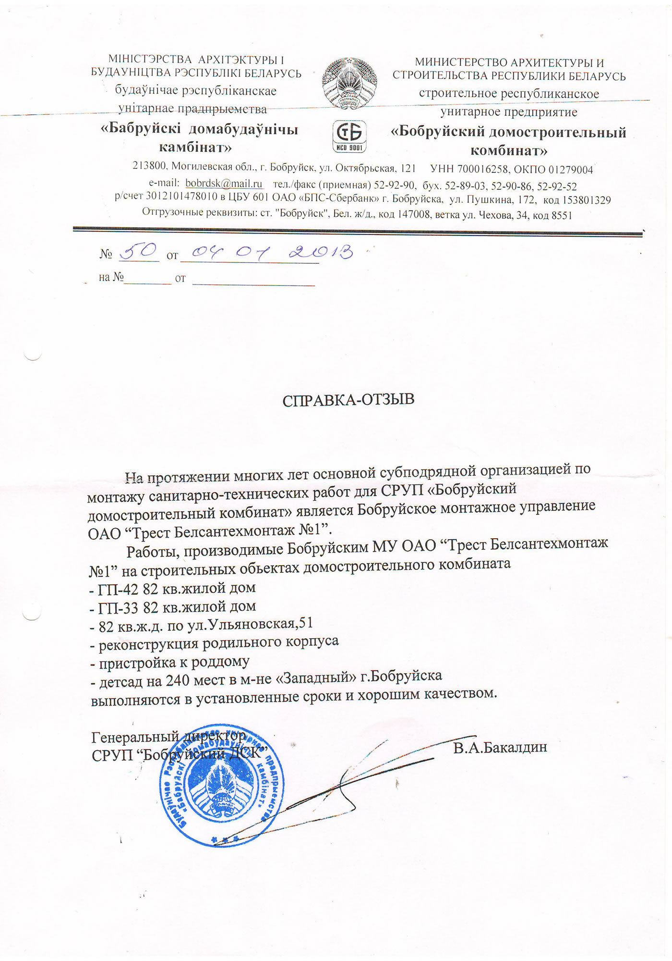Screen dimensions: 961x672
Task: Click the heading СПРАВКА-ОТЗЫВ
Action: point(348,400)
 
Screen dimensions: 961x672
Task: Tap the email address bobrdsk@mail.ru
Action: point(224,184)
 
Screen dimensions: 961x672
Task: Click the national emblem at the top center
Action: point(349,83)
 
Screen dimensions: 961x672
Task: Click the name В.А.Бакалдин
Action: point(500,748)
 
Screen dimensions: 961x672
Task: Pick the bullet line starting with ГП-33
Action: point(173,607)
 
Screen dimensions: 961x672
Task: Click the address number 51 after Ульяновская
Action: point(305,623)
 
